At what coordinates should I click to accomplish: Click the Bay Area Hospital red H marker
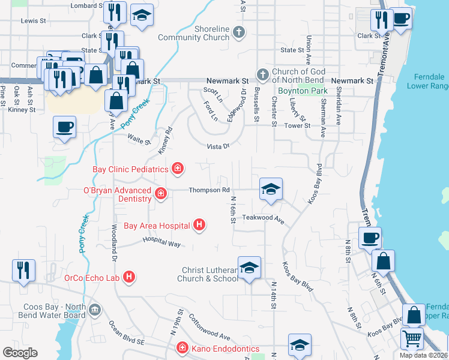(199, 226)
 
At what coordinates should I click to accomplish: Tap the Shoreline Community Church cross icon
(239, 32)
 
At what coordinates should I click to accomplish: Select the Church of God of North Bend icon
(262, 75)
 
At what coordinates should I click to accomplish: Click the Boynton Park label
(303, 91)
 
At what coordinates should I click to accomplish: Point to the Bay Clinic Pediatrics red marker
(177, 169)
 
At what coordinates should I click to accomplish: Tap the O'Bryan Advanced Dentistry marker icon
(160, 193)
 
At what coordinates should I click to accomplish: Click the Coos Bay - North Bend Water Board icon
(94, 310)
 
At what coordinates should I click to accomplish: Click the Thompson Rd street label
(209, 190)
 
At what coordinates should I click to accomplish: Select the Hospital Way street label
(161, 241)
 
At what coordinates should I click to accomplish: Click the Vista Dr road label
(218, 146)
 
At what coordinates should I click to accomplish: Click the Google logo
(20, 352)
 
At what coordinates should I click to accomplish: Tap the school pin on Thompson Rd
(271, 189)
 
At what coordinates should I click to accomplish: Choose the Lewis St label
(34, 20)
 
